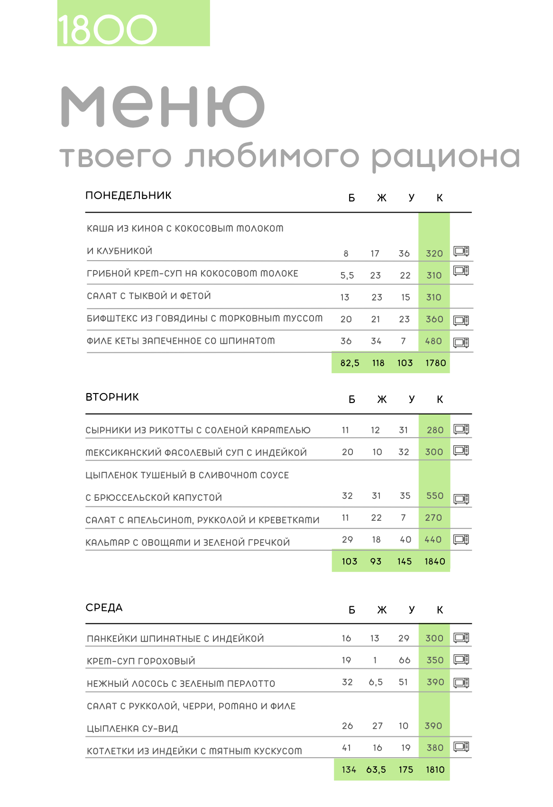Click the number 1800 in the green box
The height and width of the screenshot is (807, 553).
click(107, 29)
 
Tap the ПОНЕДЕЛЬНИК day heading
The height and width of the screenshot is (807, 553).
click(128, 196)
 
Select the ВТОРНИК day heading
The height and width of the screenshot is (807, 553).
click(112, 397)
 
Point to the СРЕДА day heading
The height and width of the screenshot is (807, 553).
click(104, 608)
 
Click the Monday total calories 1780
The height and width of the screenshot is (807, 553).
click(435, 363)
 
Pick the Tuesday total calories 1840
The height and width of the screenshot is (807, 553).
click(434, 562)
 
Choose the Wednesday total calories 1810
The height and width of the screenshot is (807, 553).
click(435, 769)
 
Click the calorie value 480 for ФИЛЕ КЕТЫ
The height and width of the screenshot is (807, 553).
click(433, 341)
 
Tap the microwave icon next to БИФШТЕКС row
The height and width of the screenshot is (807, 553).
click(461, 320)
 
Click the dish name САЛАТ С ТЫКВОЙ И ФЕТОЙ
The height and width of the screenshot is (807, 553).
click(148, 296)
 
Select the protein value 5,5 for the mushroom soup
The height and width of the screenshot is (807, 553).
click(347, 276)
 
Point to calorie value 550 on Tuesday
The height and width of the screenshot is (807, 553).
click(434, 496)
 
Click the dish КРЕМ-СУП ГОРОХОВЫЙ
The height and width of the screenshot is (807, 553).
click(141, 661)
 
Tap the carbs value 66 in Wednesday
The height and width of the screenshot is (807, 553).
click(405, 660)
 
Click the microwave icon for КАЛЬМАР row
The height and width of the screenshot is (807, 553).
click(461, 539)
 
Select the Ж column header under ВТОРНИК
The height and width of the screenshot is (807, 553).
click(382, 400)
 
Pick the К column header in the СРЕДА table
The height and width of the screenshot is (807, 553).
click(440, 610)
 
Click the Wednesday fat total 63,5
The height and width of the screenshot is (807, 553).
click(376, 769)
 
